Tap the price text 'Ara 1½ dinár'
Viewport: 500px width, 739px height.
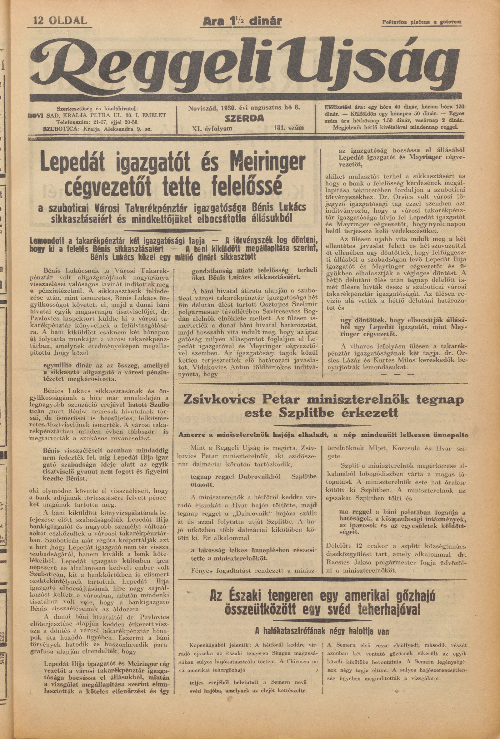tap(243, 21)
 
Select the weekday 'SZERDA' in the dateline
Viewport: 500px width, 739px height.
tap(245, 118)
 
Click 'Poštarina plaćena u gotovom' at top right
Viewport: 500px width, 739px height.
tap(422, 22)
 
